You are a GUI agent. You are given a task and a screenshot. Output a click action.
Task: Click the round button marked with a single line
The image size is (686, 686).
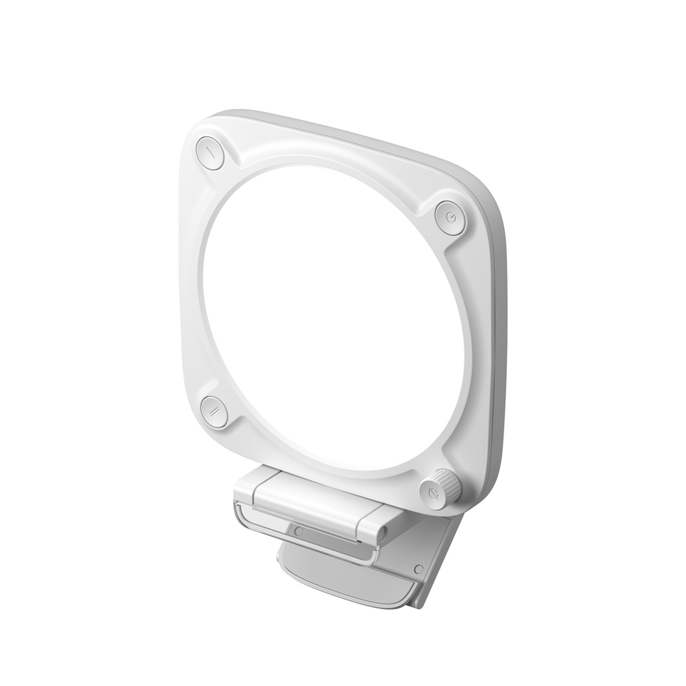[x=211, y=154]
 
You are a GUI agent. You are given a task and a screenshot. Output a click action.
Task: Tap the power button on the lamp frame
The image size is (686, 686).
[x=451, y=218]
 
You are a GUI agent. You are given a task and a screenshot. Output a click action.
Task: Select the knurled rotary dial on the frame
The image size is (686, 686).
[x=437, y=489]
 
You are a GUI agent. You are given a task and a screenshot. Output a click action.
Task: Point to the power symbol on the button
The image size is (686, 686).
[x=450, y=218]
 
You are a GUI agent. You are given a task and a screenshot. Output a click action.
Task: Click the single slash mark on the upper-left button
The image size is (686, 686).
[x=211, y=154]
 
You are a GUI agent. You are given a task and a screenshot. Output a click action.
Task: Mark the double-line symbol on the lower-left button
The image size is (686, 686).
[x=215, y=412]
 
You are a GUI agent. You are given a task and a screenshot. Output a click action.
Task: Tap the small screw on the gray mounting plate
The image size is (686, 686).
[x=418, y=569]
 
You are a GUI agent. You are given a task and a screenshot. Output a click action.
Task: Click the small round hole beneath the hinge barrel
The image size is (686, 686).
[x=297, y=530]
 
